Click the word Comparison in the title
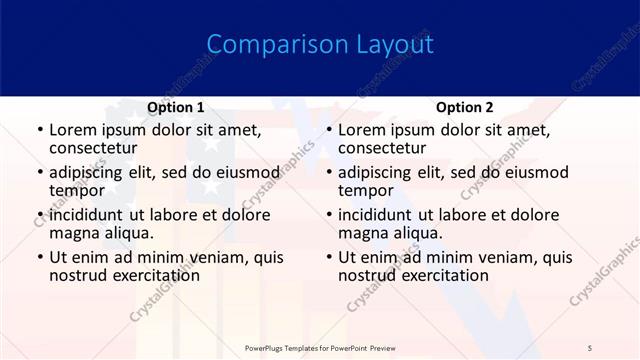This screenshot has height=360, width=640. coord(267,45)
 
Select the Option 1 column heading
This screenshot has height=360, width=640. coord(175,107)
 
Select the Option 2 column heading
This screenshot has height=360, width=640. coord(464,107)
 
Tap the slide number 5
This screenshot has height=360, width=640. coord(590,347)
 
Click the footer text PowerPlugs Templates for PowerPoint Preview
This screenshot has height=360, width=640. coord(320,347)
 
